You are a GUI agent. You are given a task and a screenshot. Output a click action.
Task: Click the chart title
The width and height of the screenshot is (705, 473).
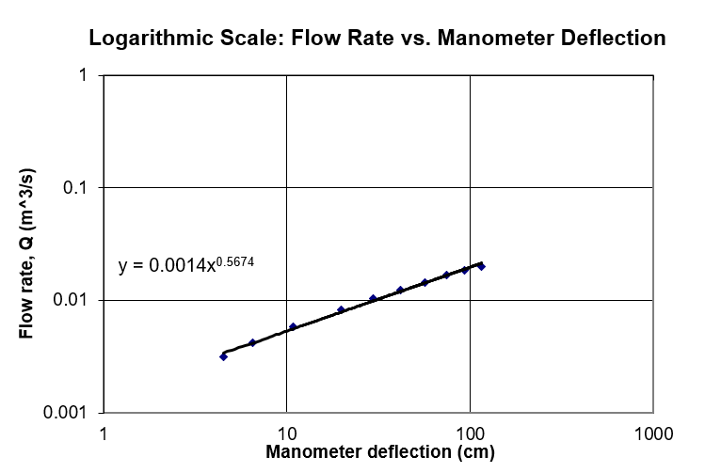coord(377,39)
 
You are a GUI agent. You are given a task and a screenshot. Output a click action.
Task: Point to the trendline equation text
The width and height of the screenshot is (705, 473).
coord(186,265)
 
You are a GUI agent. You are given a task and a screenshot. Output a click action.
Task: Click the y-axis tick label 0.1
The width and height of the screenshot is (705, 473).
coord(75,188)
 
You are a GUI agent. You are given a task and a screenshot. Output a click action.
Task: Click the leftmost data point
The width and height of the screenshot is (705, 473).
coord(223,356)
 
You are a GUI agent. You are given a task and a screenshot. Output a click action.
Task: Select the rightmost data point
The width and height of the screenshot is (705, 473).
coord(481,266)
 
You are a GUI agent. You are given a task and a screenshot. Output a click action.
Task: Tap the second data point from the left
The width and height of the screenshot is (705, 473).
coord(252,342)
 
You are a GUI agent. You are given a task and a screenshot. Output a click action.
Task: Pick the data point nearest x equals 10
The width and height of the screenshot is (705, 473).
coord(293,326)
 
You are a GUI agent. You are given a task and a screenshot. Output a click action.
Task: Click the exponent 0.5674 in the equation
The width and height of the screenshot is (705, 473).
coord(235,260)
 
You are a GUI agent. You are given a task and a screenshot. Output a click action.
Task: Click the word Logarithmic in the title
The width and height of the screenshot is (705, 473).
coord(142,39)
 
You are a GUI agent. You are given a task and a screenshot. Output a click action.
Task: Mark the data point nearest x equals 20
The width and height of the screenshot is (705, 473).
coord(342,309)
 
